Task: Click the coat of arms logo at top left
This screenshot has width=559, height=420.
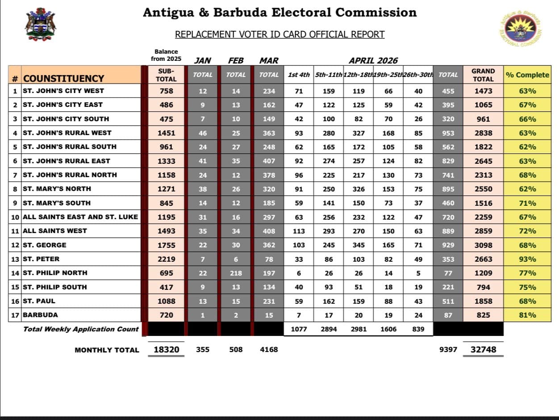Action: click(x=41, y=25)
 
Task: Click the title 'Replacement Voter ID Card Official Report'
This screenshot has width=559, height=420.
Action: click(x=279, y=34)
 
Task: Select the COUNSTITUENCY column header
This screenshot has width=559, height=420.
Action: click(x=63, y=78)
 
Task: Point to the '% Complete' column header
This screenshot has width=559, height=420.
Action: click(x=527, y=75)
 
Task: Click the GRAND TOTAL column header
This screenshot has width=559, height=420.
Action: click(x=483, y=75)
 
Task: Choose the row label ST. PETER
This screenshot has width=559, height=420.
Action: click(x=41, y=259)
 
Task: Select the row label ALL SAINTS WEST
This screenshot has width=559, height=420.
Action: click(x=55, y=231)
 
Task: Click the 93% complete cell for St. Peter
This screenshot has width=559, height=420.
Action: click(x=527, y=259)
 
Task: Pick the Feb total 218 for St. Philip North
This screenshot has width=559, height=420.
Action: click(x=236, y=273)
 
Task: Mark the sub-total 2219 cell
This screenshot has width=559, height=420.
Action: click(x=166, y=259)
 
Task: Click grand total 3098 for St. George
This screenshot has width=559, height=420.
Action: click(x=483, y=245)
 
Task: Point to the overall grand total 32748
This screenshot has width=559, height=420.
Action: click(x=483, y=350)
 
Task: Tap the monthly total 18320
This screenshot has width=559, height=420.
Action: click(x=166, y=350)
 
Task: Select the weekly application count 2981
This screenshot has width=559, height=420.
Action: click(x=359, y=329)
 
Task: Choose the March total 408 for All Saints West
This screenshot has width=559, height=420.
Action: click(x=269, y=231)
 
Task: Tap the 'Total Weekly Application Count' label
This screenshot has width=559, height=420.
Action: click(x=81, y=329)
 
